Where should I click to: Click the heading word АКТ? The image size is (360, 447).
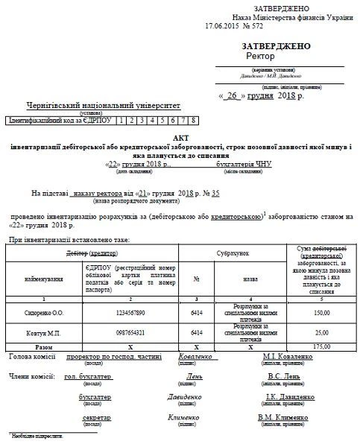pos(180,139)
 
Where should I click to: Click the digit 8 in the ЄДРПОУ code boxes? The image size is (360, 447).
pos(193,120)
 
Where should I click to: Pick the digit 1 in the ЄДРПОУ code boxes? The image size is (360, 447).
pos(120,120)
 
